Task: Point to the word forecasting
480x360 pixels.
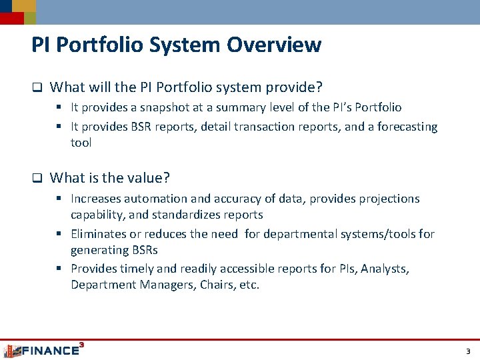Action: tap(406, 127)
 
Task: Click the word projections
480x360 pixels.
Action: tap(389, 199)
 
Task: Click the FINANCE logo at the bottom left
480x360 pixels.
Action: tap(44, 350)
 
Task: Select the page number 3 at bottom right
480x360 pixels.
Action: tap(468, 351)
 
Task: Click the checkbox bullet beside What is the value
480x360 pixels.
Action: tap(37, 178)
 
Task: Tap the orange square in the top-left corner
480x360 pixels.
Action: tap(26, 5)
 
